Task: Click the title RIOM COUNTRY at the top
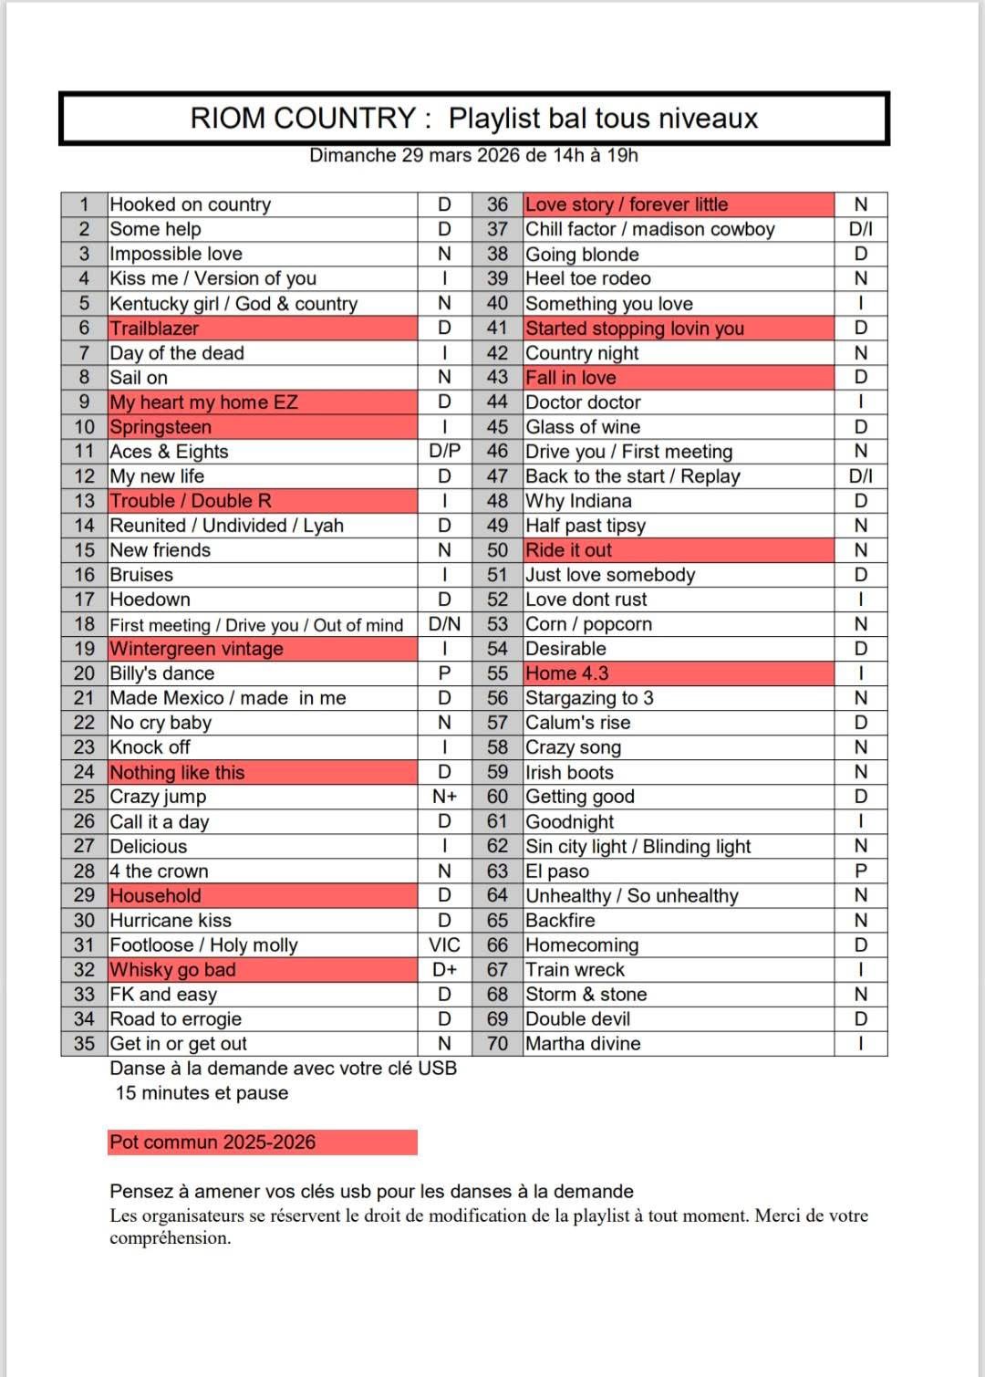(x=303, y=119)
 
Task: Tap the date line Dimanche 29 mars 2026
(x=473, y=155)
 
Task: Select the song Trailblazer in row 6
(x=154, y=329)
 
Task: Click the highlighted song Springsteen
(x=161, y=427)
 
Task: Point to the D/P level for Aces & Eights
(x=444, y=452)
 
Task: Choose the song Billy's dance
(x=161, y=673)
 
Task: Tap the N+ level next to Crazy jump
(x=444, y=797)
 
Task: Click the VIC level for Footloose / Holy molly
(x=444, y=945)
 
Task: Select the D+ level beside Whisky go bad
(x=444, y=970)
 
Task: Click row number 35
(x=84, y=1044)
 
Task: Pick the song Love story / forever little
(x=627, y=204)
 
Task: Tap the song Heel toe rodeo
(x=587, y=278)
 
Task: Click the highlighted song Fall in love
(x=570, y=378)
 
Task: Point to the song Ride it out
(x=568, y=550)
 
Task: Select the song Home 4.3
(x=566, y=673)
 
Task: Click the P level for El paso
(x=860, y=871)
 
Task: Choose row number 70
(x=497, y=1044)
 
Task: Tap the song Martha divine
(x=583, y=1044)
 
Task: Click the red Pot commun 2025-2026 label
(x=213, y=1142)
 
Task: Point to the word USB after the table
(x=437, y=1069)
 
